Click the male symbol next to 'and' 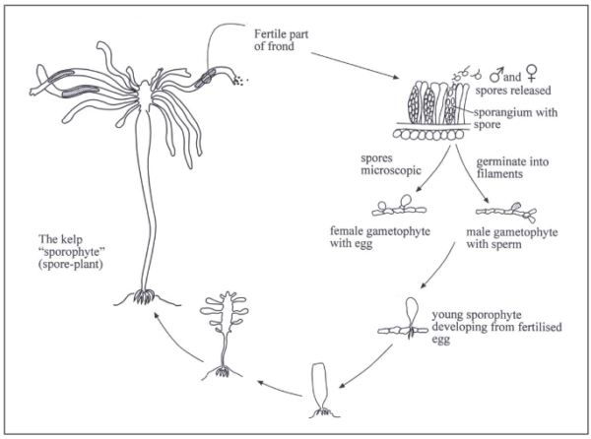pos(496,75)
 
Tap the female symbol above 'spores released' pos(532,73)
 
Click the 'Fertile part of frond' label pos(281,40)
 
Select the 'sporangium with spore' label pos(515,118)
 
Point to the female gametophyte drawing pos(399,207)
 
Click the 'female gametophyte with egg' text pos(380,237)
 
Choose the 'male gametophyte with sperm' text pos(512,238)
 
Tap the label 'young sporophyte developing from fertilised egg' pos(496,327)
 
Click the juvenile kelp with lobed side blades pos(224,336)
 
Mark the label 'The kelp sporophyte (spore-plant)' pos(71,252)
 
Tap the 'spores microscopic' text pos(390,164)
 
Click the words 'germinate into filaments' pos(512,167)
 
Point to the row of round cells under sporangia pos(428,135)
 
